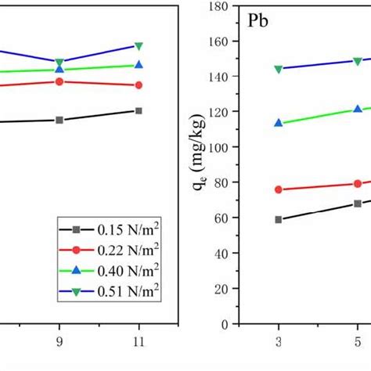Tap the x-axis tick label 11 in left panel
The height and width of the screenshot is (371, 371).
tap(139, 343)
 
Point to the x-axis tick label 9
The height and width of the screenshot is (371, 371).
tap(59, 343)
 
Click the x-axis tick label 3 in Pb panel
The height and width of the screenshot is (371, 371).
tap(278, 343)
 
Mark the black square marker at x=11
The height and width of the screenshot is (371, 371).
tap(139, 111)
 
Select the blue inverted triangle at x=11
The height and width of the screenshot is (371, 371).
tap(139, 46)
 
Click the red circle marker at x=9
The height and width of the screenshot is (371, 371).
tap(59, 81)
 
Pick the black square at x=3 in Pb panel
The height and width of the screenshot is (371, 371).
tap(278, 220)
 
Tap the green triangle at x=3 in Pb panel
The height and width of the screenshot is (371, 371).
tap(278, 123)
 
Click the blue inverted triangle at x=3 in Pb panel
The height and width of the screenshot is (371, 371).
tap(278, 69)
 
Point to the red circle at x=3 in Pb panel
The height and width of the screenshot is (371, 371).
tap(278, 189)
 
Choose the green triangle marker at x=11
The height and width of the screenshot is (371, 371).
tap(139, 65)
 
